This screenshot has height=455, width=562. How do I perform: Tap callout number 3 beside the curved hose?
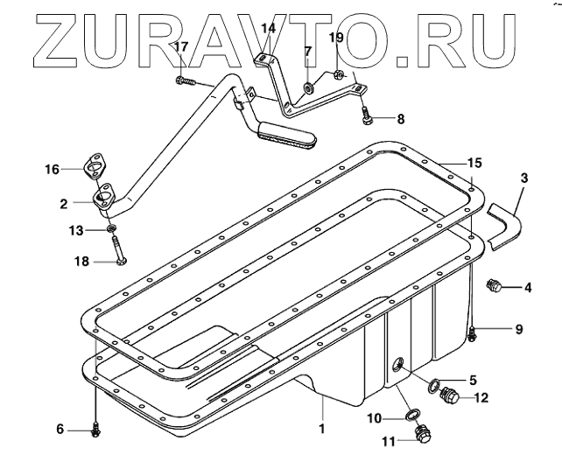(x=523, y=179)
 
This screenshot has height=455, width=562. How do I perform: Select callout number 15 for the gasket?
(x=474, y=163)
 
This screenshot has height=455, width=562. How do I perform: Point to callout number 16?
(x=52, y=168)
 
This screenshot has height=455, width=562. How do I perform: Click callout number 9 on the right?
(x=518, y=329)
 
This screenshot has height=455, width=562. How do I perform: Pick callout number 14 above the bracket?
(x=269, y=29)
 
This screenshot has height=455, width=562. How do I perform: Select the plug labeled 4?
(x=495, y=285)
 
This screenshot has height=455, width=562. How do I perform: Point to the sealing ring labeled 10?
(x=411, y=414)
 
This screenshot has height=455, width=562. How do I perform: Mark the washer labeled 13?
(x=110, y=229)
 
